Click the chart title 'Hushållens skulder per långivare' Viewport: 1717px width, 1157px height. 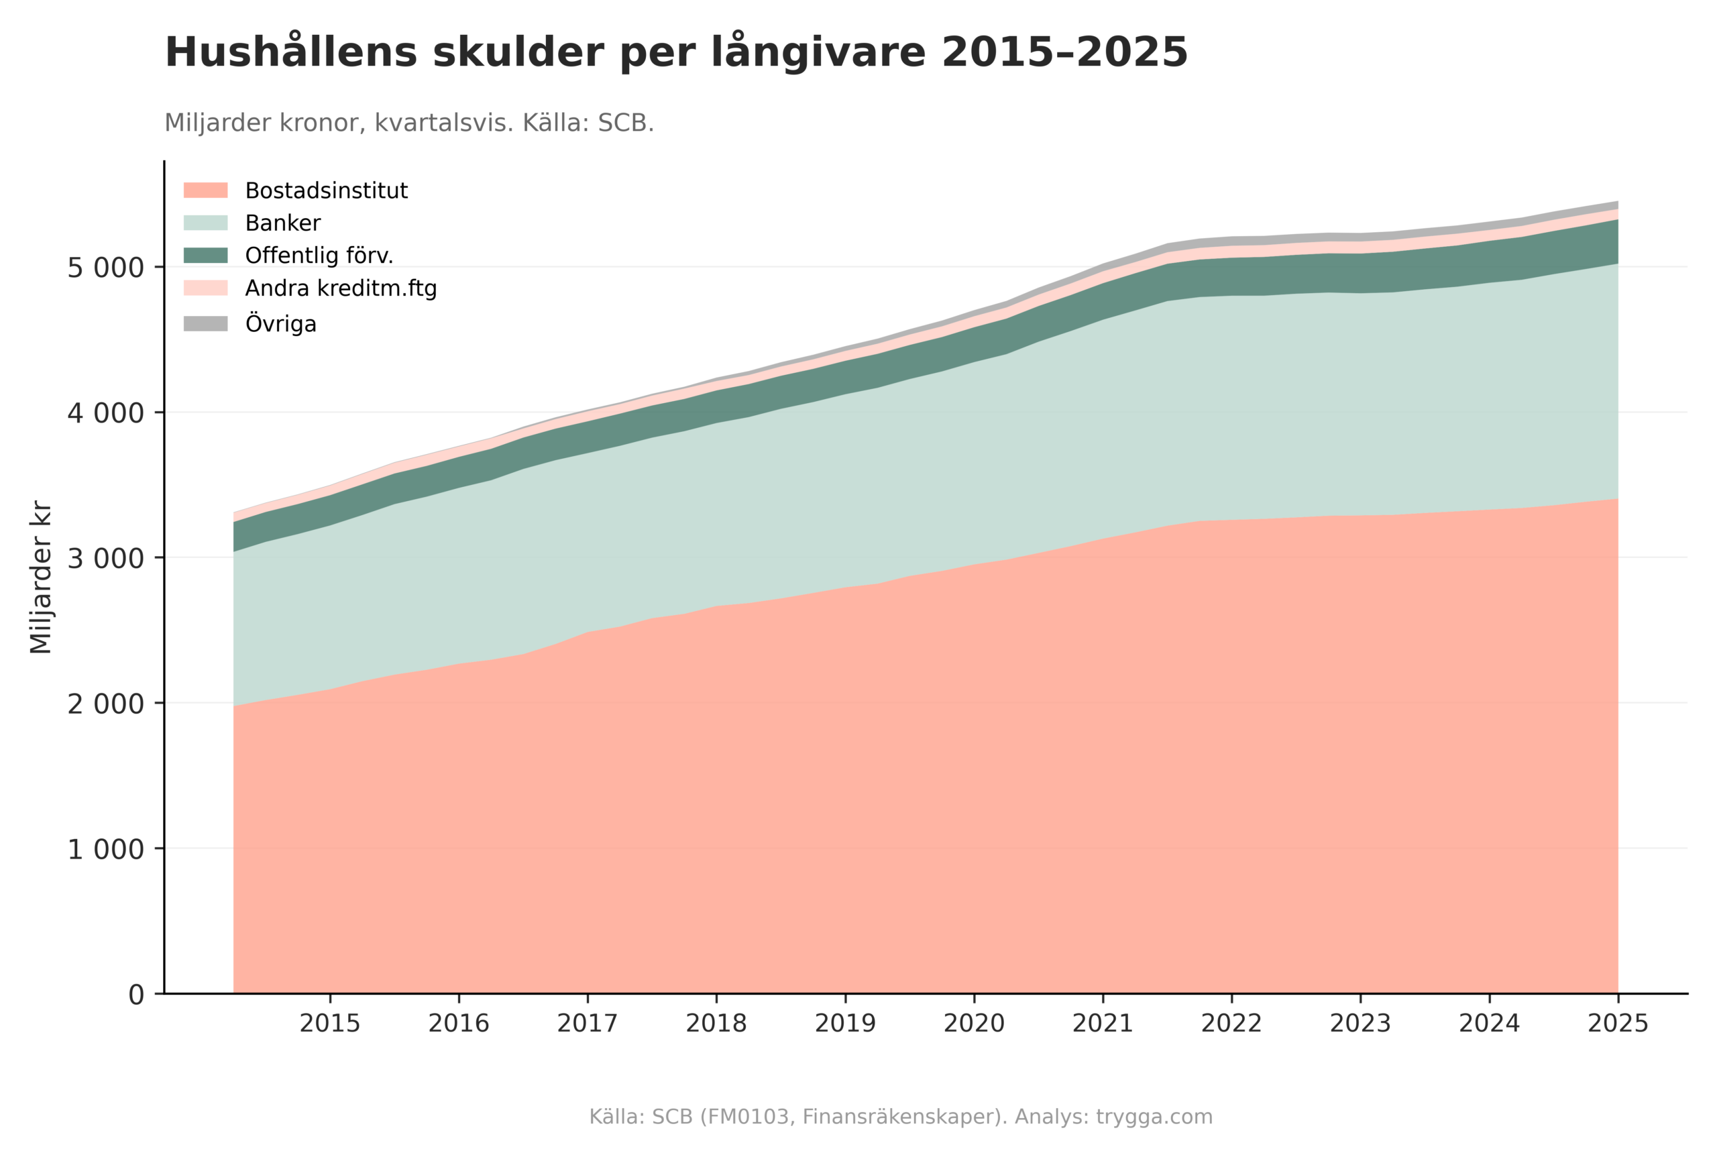point(675,53)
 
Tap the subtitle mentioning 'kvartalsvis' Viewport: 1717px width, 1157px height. point(408,123)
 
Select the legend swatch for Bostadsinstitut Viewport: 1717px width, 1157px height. point(205,190)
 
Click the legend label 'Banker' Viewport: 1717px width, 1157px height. point(282,223)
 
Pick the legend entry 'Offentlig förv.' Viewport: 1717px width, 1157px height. point(319,256)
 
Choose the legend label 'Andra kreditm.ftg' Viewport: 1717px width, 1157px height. point(340,288)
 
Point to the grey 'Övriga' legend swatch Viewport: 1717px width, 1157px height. point(205,323)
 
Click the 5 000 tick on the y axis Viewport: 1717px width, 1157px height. point(105,267)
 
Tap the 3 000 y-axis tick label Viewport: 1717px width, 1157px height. point(105,558)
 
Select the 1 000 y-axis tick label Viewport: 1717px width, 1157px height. point(105,848)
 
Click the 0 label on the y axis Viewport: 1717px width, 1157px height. point(137,995)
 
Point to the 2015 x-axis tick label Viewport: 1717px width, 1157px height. point(330,1024)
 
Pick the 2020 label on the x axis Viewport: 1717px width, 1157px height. point(974,1024)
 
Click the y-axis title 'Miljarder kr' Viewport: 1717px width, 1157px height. point(42,577)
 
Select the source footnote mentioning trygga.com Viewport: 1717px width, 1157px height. point(900,1116)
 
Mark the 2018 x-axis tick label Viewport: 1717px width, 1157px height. point(716,1024)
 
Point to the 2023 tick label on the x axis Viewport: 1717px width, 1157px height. point(1360,1024)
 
